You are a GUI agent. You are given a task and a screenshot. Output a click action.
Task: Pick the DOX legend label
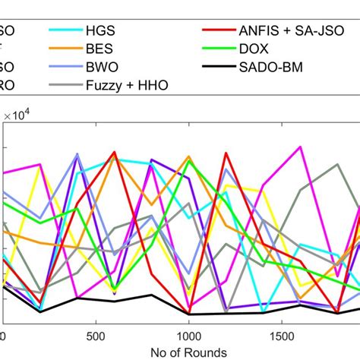259,48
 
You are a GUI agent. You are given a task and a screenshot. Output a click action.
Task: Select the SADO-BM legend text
272,66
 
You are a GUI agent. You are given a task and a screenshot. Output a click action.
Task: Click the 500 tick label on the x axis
95,335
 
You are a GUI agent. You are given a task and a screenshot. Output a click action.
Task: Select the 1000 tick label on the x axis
188,335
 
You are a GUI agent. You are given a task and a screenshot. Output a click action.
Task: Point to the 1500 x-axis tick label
282,335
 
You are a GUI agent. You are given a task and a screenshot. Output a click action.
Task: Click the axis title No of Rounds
188,352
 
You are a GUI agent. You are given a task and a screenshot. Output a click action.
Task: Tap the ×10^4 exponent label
22,115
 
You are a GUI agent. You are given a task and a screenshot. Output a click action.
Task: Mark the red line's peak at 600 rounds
114,152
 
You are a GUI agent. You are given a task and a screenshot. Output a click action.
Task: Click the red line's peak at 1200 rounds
226,153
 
